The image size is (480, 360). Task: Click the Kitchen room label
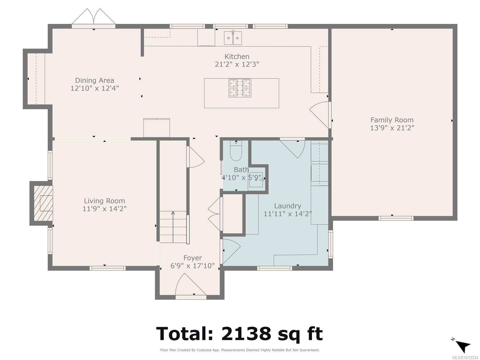click(237, 56)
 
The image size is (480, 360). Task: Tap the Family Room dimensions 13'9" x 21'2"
click(392, 128)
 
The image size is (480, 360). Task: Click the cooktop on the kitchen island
click(240, 88)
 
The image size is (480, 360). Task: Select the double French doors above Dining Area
click(94, 17)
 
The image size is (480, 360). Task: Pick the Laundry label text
click(287, 206)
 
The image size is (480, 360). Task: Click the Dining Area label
click(94, 80)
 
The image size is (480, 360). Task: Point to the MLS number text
click(465, 358)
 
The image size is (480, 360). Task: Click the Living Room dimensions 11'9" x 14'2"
click(104, 209)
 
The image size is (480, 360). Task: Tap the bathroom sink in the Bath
click(256, 179)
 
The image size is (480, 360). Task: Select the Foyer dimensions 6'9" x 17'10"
click(193, 266)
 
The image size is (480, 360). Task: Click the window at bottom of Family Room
click(396, 218)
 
